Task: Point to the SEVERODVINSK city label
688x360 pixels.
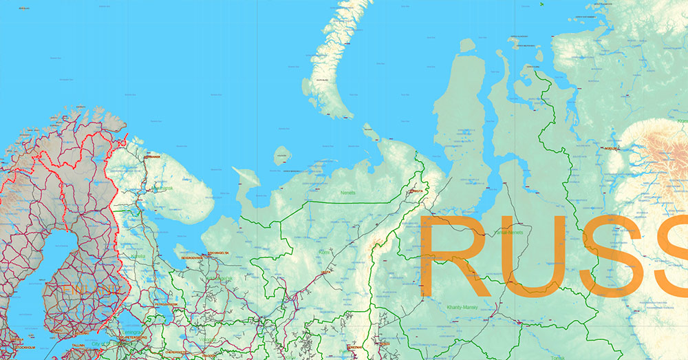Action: [x=192, y=257]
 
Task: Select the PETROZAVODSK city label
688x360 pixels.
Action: [x=166, y=304]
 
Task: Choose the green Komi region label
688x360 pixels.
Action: [x=325, y=253]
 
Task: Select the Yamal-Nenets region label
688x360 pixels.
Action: [x=509, y=233]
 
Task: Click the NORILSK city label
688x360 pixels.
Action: [x=610, y=147]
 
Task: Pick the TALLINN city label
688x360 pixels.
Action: [x=77, y=345]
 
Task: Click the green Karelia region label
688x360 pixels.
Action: [x=138, y=256]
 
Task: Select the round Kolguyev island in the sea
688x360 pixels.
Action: [x=281, y=156]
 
